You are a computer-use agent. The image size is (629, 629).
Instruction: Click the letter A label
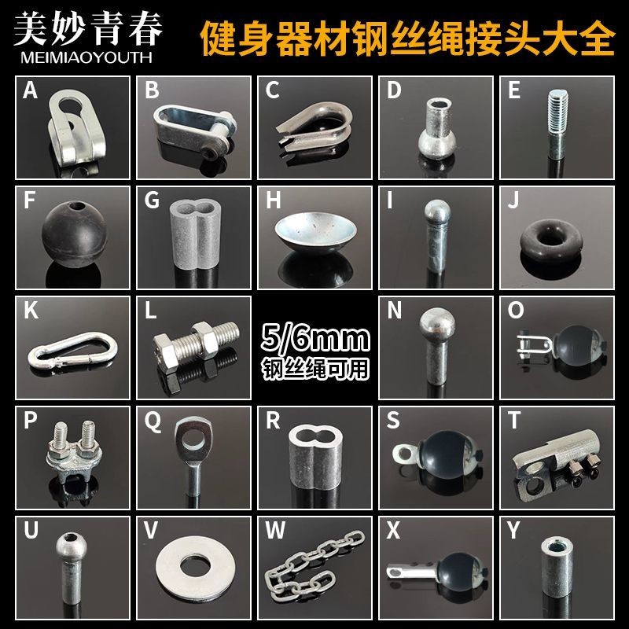(x=30, y=90)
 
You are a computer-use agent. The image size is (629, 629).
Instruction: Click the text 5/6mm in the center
(x=314, y=341)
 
